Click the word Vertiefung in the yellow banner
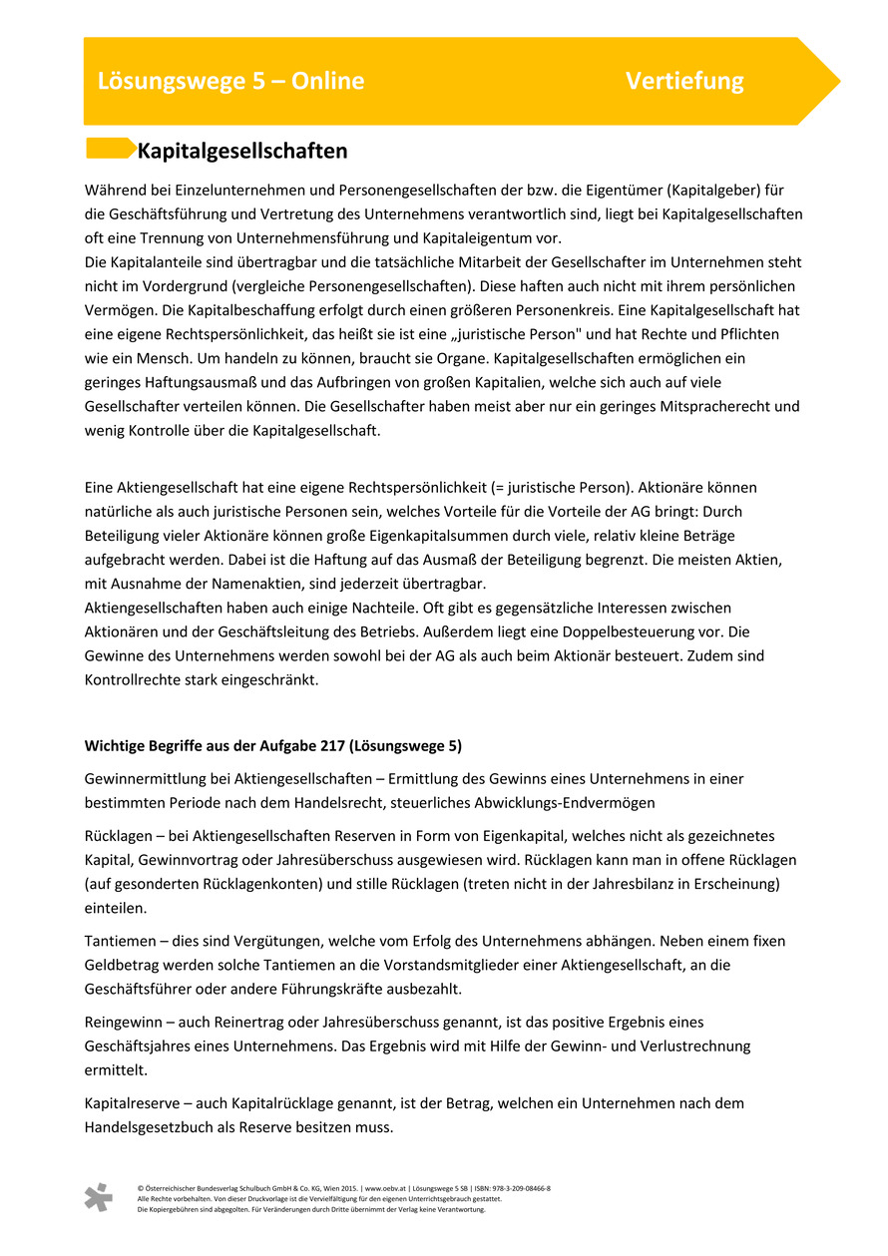[684, 81]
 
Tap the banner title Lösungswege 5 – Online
[230, 81]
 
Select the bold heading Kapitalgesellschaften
[242, 152]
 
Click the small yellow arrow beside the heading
[110, 149]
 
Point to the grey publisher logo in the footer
[98, 1197]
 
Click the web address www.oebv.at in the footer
[385, 1189]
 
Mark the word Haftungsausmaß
[185, 383]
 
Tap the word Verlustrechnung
[693, 1047]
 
